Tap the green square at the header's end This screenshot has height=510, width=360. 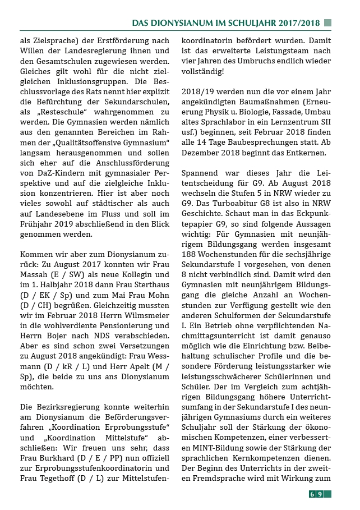pos(327,23)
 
